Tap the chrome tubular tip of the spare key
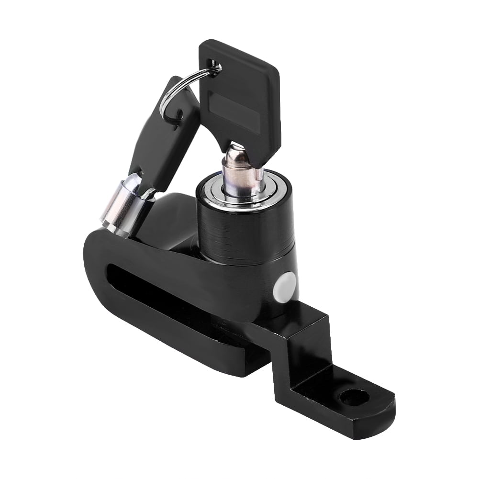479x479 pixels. [x=122, y=206]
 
